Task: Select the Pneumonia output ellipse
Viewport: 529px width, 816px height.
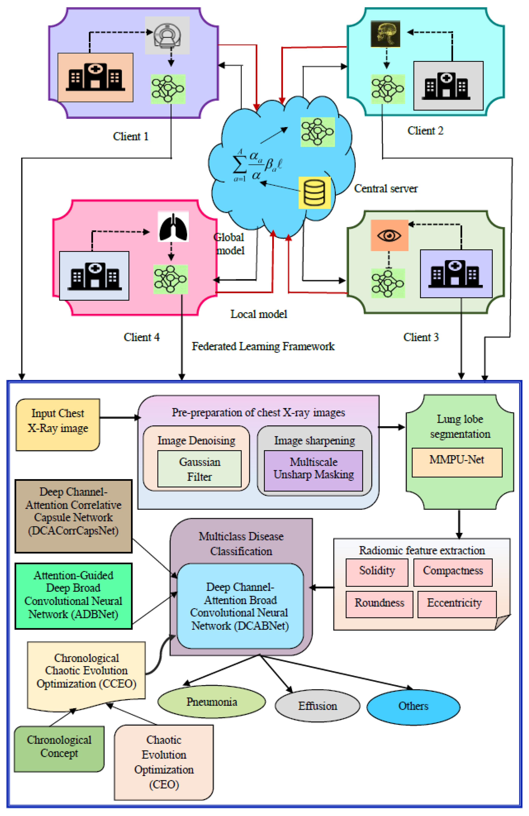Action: click(x=211, y=702)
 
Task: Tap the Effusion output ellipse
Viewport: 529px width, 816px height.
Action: click(x=317, y=706)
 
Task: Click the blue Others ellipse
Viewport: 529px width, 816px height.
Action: click(x=413, y=706)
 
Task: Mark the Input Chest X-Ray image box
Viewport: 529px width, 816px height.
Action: click(x=58, y=424)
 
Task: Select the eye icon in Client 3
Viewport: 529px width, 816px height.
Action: click(x=389, y=235)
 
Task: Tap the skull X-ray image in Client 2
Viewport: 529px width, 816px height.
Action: click(x=385, y=34)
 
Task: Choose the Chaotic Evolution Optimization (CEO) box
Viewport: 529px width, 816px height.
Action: click(x=164, y=762)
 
